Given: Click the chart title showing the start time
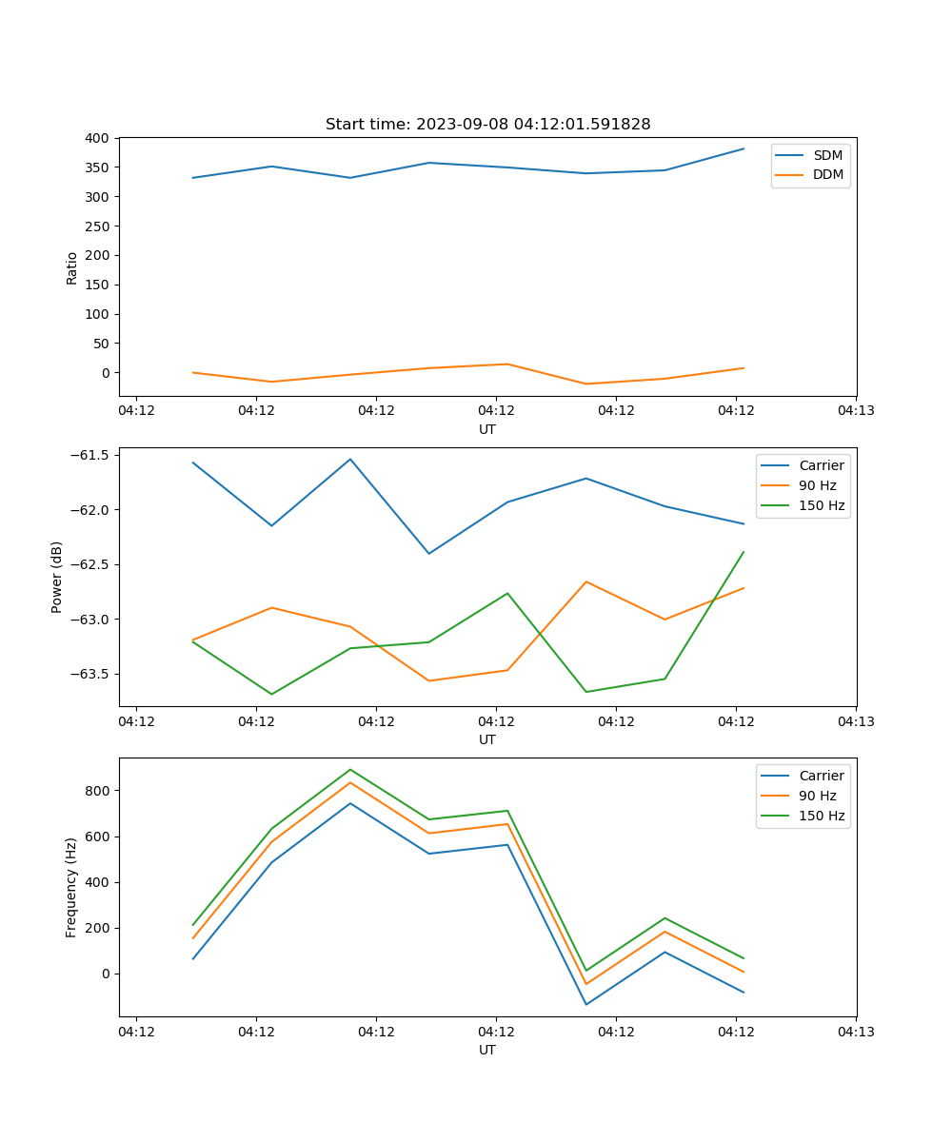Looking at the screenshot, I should pyautogui.click(x=487, y=125).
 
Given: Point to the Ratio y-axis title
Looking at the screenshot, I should pyautogui.click(x=72, y=267).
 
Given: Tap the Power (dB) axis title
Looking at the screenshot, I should pyautogui.click(x=57, y=577).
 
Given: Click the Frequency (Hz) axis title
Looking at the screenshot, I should pyautogui.click(x=71, y=887).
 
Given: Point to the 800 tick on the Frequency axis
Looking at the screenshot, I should pyautogui.click(x=99, y=791).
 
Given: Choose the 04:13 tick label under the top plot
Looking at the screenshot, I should pyautogui.click(x=855, y=411).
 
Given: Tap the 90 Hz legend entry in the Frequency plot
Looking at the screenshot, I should pyautogui.click(x=818, y=796).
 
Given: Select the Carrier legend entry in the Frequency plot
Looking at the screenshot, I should pyautogui.click(x=821, y=776).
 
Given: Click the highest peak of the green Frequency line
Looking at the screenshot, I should pyautogui.click(x=350, y=769).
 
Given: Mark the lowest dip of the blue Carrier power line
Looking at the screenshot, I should pyautogui.click(x=429, y=554).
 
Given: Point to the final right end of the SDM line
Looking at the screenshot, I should pyautogui.click(x=744, y=148).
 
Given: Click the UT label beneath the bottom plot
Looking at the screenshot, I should pyautogui.click(x=487, y=1050).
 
